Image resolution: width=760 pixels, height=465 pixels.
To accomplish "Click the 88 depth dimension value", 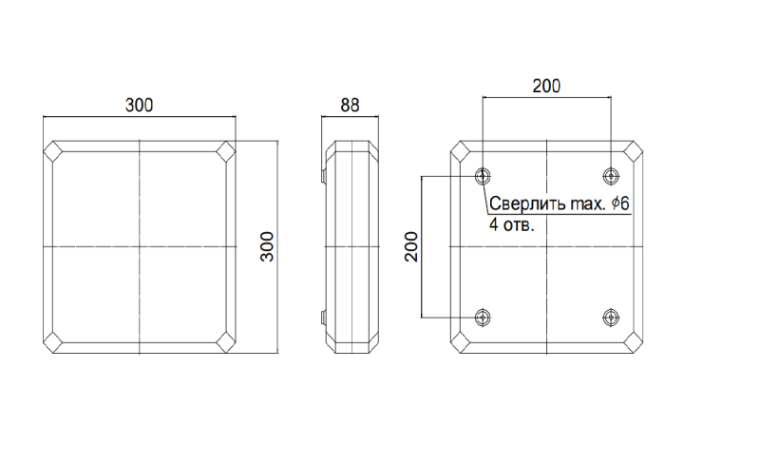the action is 350,105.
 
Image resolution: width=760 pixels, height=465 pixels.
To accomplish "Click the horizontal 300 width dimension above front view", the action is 139,105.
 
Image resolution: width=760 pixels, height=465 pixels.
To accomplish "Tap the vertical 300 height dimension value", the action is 267,247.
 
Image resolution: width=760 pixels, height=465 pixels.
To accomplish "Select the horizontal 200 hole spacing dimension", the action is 546,86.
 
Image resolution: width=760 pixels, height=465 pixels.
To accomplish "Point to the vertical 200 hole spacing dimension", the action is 411,247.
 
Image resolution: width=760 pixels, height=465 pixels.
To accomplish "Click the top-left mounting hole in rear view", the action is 483,176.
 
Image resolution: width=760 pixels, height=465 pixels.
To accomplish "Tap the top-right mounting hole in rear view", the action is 611,176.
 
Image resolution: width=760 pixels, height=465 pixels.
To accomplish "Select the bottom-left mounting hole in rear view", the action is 483,318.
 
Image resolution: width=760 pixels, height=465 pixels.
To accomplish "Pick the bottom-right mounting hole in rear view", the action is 611,318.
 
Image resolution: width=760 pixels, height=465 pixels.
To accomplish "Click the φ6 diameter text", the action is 620,203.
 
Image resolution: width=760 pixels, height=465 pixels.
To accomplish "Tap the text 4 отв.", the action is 512,225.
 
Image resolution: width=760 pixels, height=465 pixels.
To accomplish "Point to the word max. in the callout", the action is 588,204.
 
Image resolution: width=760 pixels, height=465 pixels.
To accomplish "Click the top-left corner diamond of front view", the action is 53,151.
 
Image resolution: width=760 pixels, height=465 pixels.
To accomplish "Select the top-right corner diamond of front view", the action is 225,151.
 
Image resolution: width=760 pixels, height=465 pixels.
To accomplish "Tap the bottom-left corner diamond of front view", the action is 53,342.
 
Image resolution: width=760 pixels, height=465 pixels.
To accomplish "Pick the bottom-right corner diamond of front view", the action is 225,342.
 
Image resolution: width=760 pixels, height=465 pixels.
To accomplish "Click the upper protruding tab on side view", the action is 323,176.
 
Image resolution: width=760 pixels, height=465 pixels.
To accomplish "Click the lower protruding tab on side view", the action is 323,318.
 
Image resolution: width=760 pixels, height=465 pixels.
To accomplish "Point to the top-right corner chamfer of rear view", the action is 633,151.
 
